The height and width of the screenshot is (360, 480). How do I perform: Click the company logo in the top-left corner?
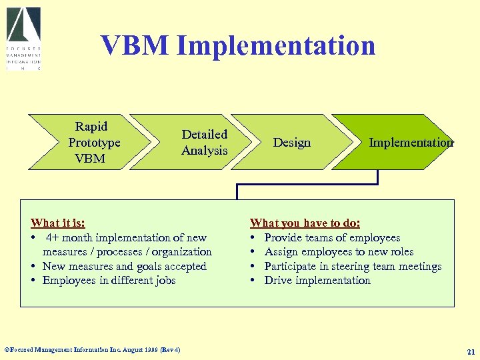(x=24, y=39)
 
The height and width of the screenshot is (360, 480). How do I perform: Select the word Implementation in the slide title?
(x=276, y=45)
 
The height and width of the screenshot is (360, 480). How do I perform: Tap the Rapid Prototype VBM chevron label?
(x=93, y=142)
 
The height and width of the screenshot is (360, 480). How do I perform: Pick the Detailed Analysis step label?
(x=205, y=142)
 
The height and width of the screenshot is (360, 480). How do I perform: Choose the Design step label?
(x=292, y=142)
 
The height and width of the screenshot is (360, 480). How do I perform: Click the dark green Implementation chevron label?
(x=411, y=142)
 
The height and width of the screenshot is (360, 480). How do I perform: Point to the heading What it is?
(x=58, y=223)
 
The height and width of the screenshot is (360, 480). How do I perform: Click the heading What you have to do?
(x=305, y=223)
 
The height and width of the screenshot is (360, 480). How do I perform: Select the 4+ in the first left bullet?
(x=54, y=237)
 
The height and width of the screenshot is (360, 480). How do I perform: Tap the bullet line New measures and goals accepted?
(x=124, y=266)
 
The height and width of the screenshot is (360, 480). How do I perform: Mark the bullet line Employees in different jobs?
(x=109, y=280)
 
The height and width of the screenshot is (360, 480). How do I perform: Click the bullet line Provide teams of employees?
(x=332, y=237)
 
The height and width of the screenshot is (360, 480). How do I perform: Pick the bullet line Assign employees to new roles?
(x=339, y=251)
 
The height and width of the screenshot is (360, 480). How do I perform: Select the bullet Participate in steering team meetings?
(x=353, y=266)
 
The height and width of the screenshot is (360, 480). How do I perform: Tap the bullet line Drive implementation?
(x=317, y=280)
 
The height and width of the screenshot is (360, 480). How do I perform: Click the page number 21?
(x=471, y=351)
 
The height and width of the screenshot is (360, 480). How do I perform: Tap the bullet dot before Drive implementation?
(x=253, y=281)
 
